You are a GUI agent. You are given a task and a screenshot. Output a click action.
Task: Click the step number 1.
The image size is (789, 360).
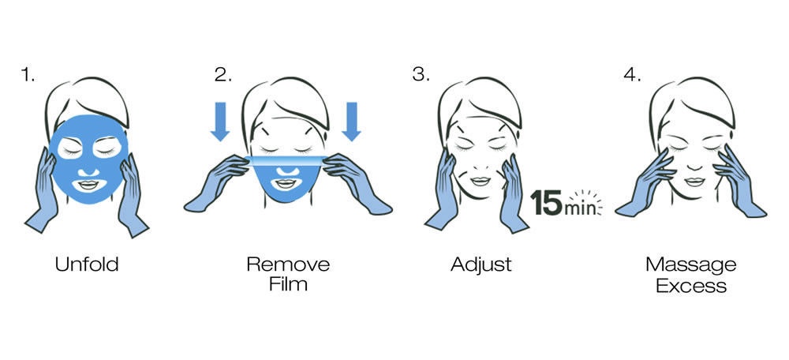[x=27, y=74]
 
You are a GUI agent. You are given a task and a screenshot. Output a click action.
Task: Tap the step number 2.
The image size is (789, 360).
[x=223, y=74]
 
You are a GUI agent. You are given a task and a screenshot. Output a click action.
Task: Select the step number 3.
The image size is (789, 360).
[x=421, y=74]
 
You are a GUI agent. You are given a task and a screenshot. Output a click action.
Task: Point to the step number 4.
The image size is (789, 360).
[x=633, y=74]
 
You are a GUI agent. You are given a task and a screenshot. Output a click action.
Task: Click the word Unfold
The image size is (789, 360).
[x=87, y=264]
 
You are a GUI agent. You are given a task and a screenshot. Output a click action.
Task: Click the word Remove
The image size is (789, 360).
[x=288, y=264]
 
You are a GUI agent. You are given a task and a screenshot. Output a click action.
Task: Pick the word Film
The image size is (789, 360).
[x=288, y=284]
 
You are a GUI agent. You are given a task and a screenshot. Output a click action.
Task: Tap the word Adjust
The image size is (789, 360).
[x=481, y=264]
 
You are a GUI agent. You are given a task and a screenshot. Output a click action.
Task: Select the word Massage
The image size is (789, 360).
[x=691, y=265]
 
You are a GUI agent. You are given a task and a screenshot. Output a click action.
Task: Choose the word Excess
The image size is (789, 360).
[x=691, y=286]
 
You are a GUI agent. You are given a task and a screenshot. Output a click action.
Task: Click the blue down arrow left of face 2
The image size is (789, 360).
[x=220, y=122]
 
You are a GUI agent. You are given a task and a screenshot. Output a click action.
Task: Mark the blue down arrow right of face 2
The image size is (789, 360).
[x=351, y=122]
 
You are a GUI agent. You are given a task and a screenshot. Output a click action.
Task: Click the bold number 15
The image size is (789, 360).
[x=547, y=202]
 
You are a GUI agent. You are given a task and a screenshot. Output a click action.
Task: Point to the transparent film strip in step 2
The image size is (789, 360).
[x=286, y=160]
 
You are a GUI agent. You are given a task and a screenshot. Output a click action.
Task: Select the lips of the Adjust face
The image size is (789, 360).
[x=480, y=182]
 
